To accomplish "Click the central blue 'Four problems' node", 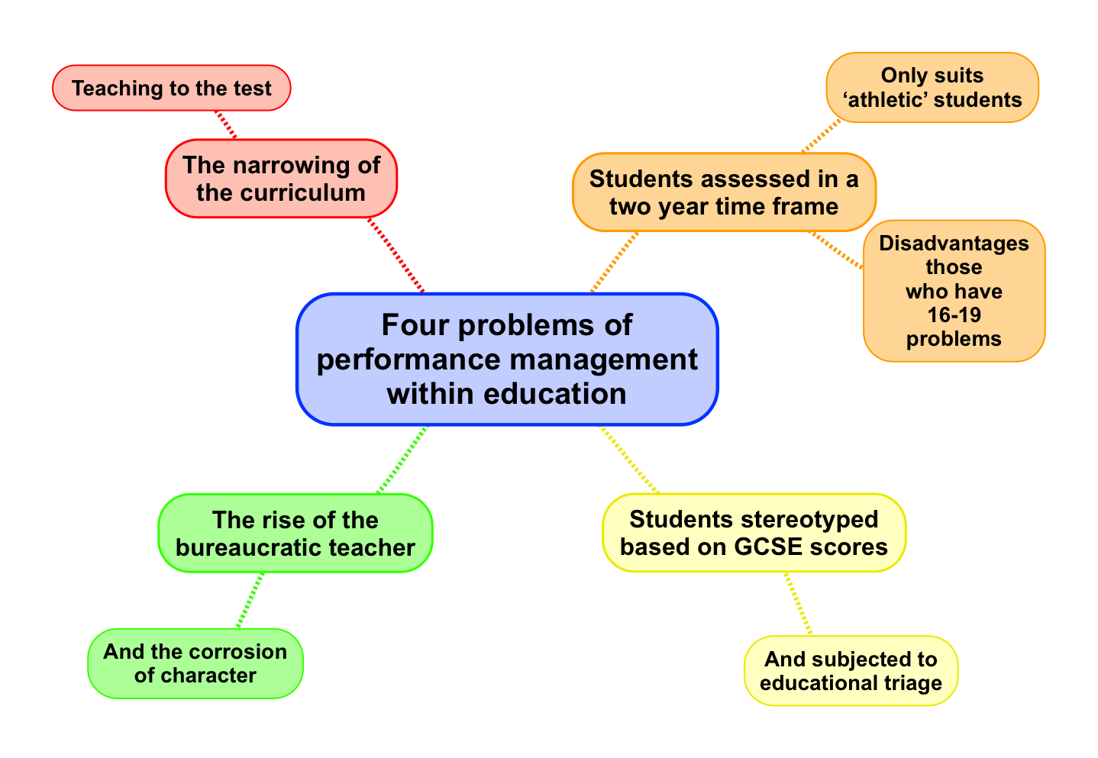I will (507, 359).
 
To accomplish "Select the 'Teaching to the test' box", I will (172, 88).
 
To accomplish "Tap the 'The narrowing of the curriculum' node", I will (281, 179).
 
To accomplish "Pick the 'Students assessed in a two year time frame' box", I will (724, 192).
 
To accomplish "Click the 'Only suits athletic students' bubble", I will (932, 87).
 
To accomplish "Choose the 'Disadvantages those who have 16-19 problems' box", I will (954, 291).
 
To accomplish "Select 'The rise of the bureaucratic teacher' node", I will (295, 534).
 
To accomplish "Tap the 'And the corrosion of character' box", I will (195, 663).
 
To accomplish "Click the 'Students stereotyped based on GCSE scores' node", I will (754, 533).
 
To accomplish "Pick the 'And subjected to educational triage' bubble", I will (851, 670).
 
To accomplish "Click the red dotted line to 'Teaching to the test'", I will (226, 125).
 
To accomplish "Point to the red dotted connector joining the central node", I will (396, 255).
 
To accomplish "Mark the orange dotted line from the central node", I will (614, 262).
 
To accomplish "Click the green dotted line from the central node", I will (402, 460).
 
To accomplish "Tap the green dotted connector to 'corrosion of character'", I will (250, 601).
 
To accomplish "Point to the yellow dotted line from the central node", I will (630, 460).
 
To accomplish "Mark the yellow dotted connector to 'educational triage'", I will (797, 604).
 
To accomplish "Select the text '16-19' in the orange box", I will (954, 314).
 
